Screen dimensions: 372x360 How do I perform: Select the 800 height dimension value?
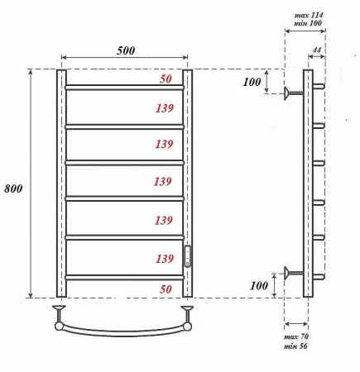coord(12,188)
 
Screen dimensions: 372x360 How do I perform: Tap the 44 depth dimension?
coord(316,51)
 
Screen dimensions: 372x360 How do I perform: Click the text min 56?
coord(295,347)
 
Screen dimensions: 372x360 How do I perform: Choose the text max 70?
coord(295,337)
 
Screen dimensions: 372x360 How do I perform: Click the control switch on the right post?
coord(187,256)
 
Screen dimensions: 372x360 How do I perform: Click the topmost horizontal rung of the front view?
coord(124,87)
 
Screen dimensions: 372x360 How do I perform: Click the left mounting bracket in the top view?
coord(60,314)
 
